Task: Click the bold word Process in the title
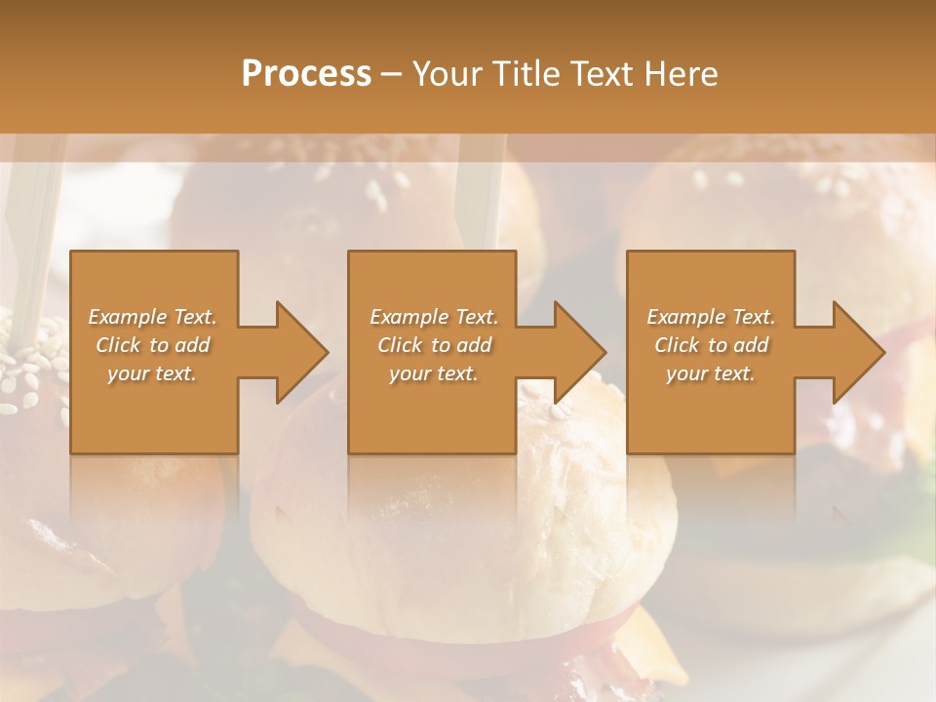tap(306, 74)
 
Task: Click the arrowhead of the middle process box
tap(578, 352)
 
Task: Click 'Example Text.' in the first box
tap(152, 317)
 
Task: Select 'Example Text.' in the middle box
tap(433, 317)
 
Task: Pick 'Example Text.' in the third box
tap(711, 317)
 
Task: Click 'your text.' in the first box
tap(152, 373)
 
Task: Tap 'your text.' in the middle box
tap(433, 373)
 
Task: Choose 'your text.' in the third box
tap(711, 373)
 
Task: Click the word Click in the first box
tap(118, 345)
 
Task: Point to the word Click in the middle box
tap(399, 345)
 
